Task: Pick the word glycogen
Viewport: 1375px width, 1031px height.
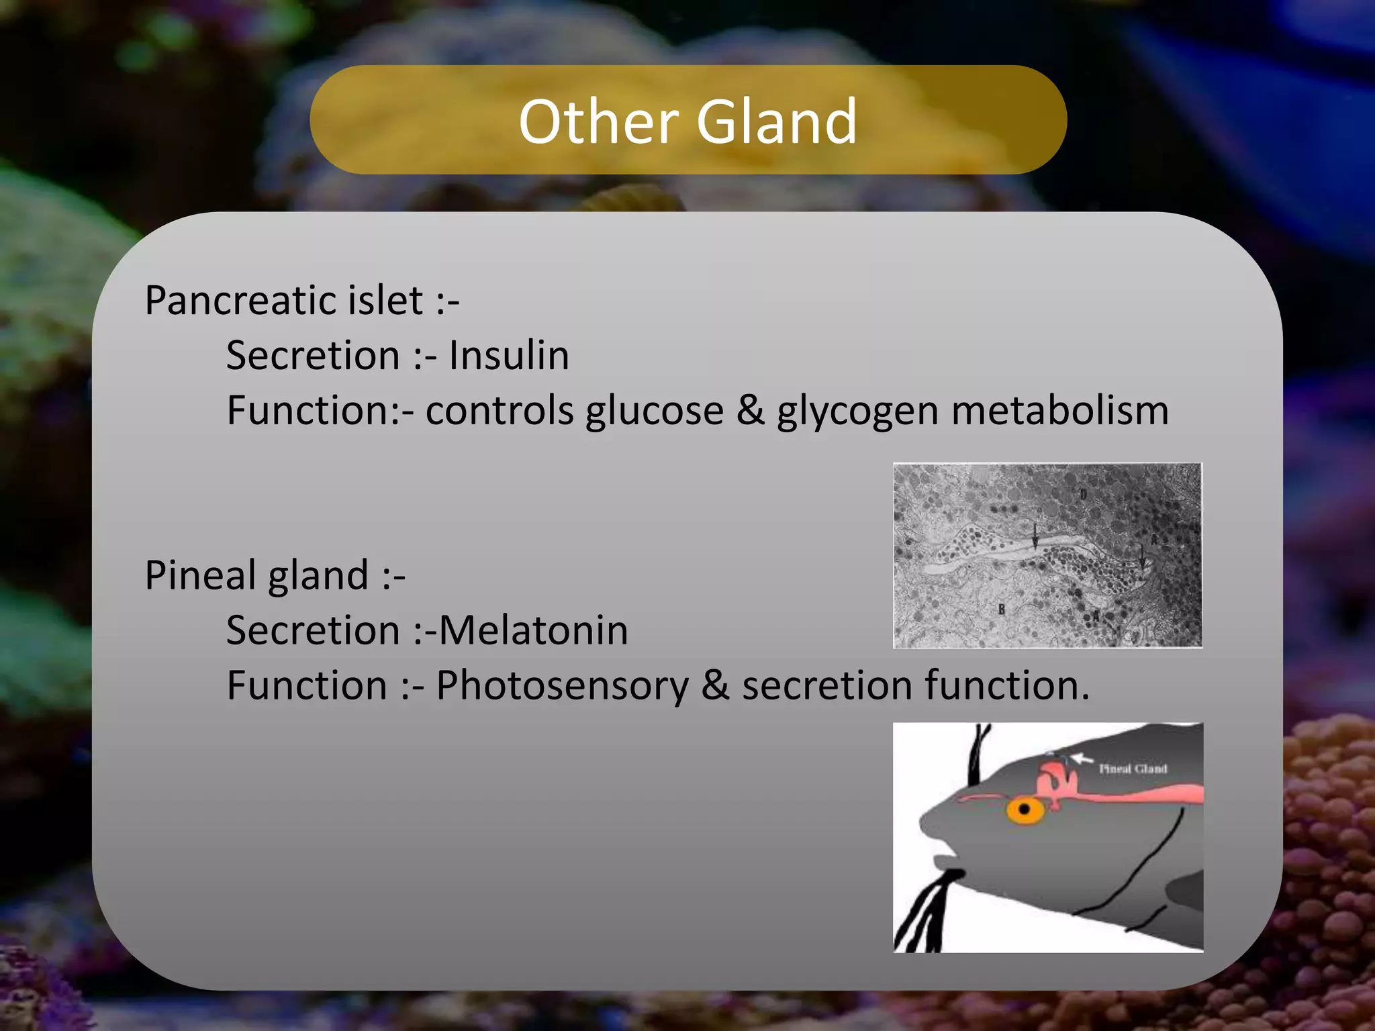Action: coord(857,412)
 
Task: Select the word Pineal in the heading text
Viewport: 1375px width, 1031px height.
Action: coord(199,575)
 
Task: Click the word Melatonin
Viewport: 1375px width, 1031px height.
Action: coord(534,630)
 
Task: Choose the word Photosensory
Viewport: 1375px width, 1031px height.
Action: coord(563,686)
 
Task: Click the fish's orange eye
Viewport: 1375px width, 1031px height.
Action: coord(1025,809)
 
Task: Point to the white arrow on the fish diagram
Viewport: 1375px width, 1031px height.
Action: coord(1082,758)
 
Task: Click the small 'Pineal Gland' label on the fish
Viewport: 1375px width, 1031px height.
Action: coord(1133,769)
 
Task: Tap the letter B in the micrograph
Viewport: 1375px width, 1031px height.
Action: coord(1001,609)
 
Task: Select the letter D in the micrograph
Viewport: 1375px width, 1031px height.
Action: coord(1083,495)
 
